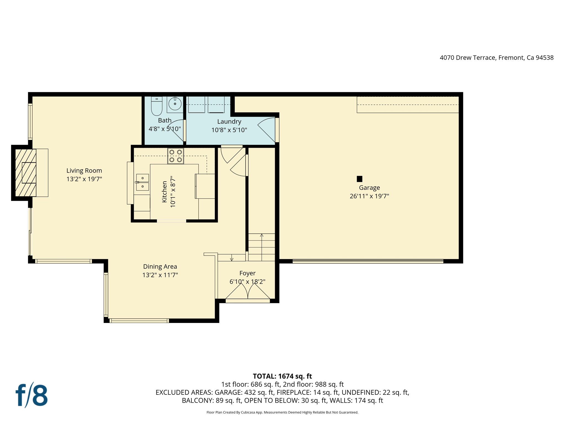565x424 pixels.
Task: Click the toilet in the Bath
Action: (x=157, y=107)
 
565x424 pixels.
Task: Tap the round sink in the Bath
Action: (x=175, y=104)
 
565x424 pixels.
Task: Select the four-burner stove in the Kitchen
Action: (x=175, y=156)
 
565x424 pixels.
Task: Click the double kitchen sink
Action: (x=142, y=182)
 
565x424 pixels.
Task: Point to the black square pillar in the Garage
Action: (x=359, y=179)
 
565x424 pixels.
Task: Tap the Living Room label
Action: (x=84, y=171)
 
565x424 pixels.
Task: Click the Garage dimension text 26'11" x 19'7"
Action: (x=369, y=196)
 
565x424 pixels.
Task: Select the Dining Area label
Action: (x=160, y=266)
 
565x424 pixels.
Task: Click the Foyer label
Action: (x=247, y=273)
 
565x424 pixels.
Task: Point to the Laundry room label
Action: (x=229, y=121)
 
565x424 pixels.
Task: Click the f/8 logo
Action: (x=32, y=395)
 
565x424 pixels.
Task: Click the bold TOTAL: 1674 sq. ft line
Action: (x=282, y=376)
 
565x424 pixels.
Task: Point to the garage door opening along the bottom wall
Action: (x=367, y=261)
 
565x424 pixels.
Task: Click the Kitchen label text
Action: (x=164, y=192)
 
